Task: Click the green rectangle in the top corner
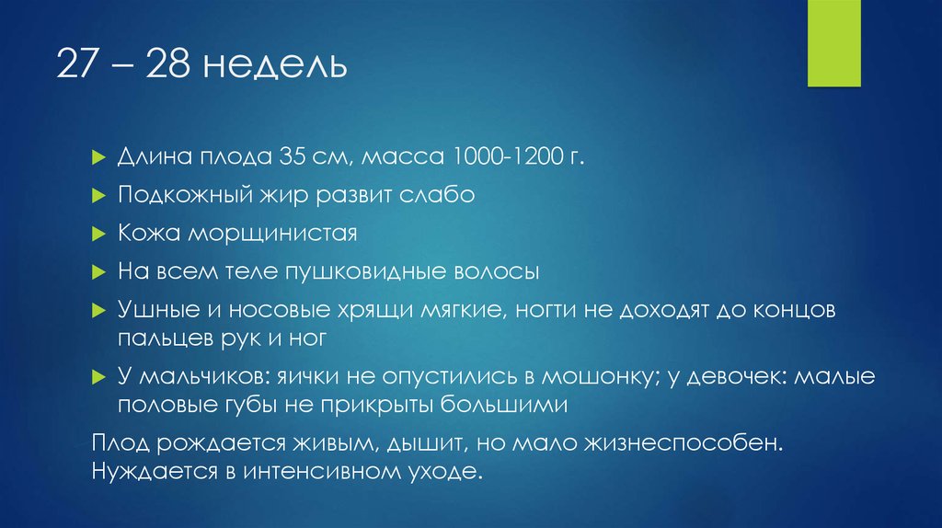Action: tap(833, 43)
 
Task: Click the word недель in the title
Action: tap(275, 67)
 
